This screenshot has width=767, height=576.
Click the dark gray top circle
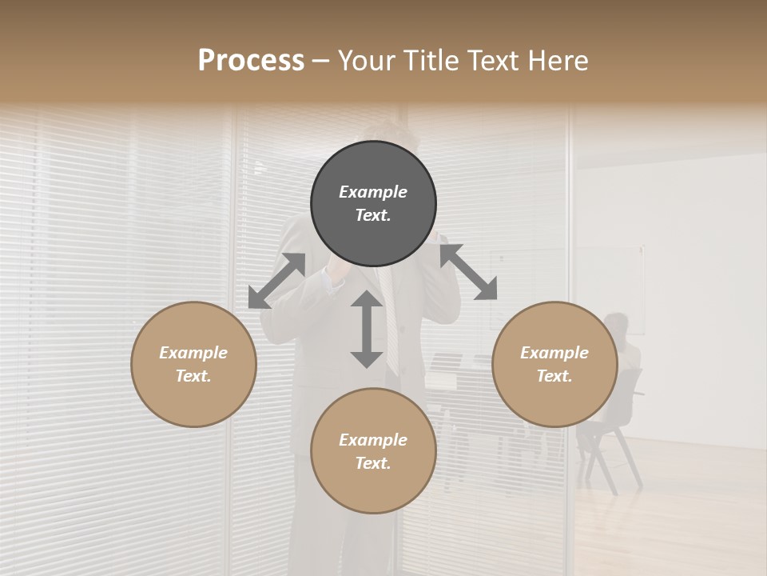click(x=373, y=204)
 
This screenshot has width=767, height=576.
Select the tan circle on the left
click(x=193, y=364)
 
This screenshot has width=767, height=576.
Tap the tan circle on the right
click(x=554, y=364)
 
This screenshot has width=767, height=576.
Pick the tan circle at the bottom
click(x=373, y=451)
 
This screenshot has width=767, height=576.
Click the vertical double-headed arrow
click(x=367, y=329)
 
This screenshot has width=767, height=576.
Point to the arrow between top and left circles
click(x=276, y=281)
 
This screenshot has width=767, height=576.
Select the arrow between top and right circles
click(x=468, y=272)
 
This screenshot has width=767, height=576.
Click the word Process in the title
click(x=251, y=61)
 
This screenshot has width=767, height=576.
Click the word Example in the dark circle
click(x=373, y=192)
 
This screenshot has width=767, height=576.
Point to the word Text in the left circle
click(x=193, y=376)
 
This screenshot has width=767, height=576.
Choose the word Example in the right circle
click(x=554, y=353)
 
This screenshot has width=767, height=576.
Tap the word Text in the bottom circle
click(x=373, y=463)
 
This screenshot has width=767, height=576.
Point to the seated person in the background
click(x=620, y=344)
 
